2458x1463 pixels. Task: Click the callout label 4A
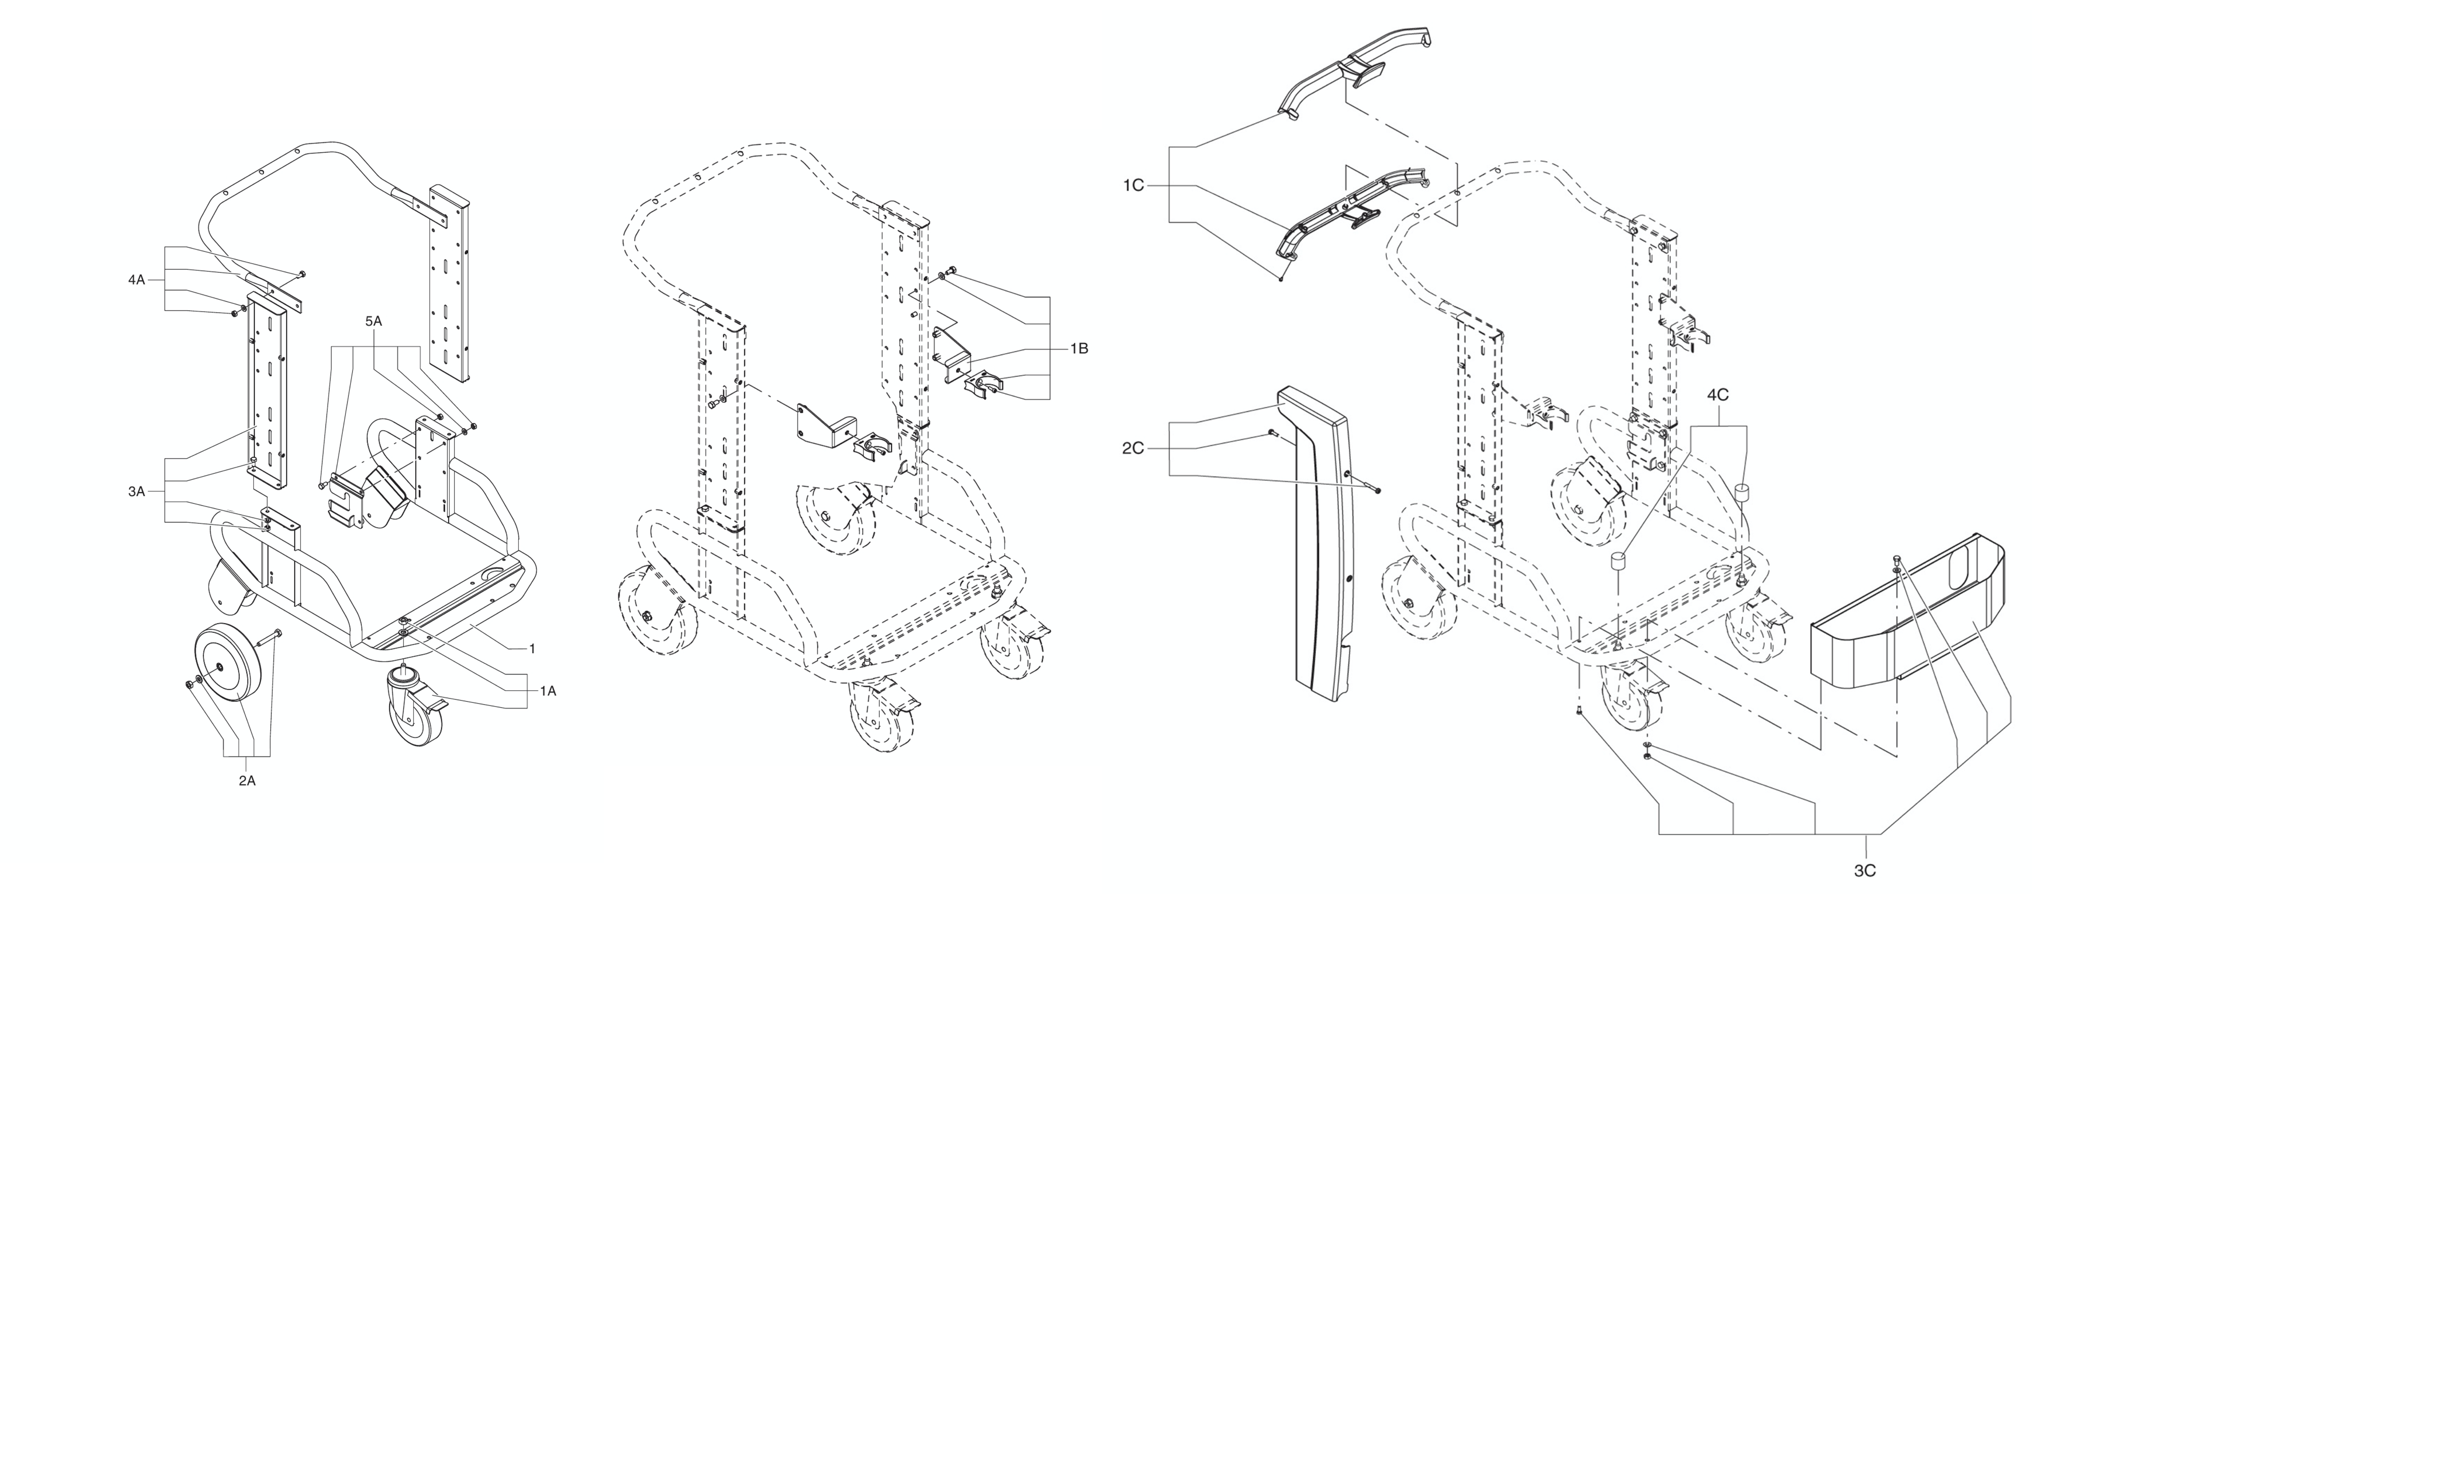tap(136, 280)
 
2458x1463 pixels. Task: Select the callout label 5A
tap(374, 321)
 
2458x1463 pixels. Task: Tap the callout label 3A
tap(136, 491)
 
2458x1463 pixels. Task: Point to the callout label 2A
tap(246, 781)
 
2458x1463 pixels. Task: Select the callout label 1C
tap(1133, 185)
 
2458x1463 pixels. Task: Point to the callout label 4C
tap(1717, 395)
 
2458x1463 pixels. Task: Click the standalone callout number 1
tap(532, 649)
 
